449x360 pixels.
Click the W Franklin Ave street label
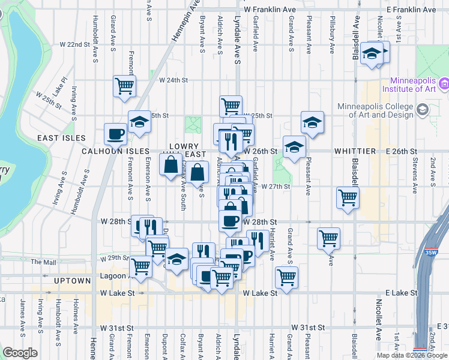270,10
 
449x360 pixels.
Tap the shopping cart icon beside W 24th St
124,86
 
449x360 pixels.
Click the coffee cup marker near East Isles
115,134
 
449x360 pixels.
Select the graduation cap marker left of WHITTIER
294,146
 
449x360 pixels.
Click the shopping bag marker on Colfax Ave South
171,163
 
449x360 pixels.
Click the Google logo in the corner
20,353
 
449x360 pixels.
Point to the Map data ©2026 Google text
411,355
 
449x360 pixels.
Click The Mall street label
43,262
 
